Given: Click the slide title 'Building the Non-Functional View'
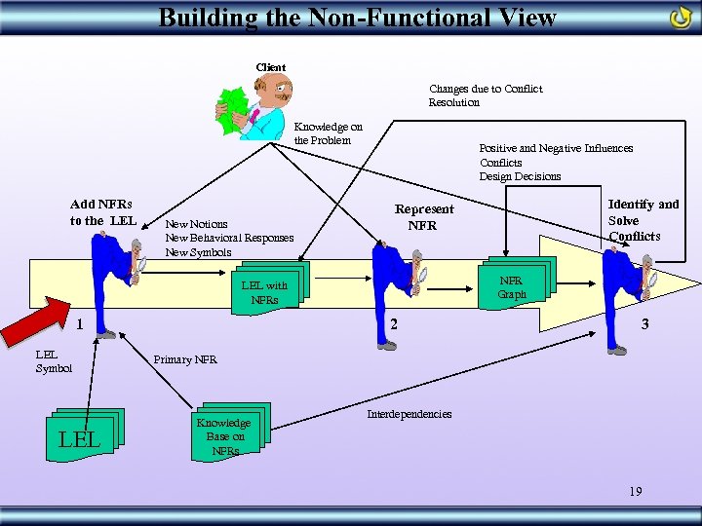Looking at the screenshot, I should [x=357, y=17].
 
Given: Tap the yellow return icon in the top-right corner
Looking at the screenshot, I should [x=681, y=19].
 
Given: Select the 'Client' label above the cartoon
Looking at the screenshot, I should [x=270, y=67].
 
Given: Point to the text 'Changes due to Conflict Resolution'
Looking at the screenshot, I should [x=486, y=95].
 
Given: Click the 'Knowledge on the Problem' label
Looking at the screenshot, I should [x=328, y=133].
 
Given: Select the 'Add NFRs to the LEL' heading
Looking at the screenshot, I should [x=101, y=212].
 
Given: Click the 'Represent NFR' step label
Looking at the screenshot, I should [x=423, y=217].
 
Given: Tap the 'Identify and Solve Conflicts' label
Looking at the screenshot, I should [x=643, y=219].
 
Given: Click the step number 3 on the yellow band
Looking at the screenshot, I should [x=643, y=323].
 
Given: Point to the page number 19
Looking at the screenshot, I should [x=635, y=492].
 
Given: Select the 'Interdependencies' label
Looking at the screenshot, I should [x=409, y=414].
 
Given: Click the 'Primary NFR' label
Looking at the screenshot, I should [x=185, y=359].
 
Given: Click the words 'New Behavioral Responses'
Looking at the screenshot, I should [x=228, y=238].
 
